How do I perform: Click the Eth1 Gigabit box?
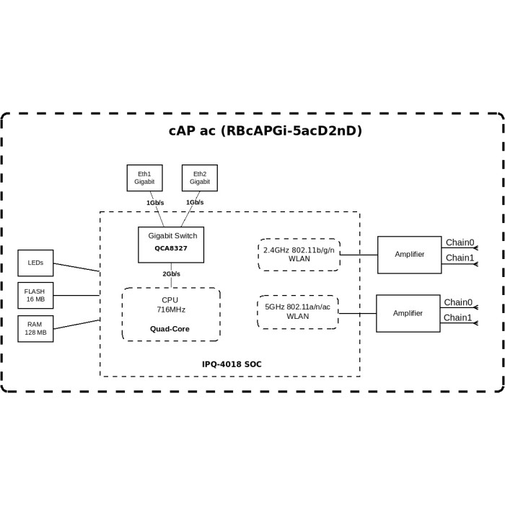pos(144,178)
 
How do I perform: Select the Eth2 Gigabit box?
pos(199,178)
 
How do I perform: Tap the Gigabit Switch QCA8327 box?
pos(171,245)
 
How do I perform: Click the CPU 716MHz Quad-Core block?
pos(171,315)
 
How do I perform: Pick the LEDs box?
pos(35,263)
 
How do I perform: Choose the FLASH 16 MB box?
pos(35,295)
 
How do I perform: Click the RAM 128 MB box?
pos(35,328)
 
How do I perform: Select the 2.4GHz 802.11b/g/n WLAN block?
pos(299,255)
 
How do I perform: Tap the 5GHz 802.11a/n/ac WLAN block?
pos(297,312)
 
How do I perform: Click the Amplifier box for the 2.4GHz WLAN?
pos(409,255)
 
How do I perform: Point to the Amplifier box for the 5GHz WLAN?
pos(408,313)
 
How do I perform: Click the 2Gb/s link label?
pos(171,274)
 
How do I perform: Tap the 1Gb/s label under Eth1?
pos(155,203)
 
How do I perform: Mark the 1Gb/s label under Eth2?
pos(195,203)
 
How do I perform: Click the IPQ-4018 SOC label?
pos(232,364)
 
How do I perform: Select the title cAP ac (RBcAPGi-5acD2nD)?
pos(265,131)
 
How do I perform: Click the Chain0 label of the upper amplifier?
pos(460,242)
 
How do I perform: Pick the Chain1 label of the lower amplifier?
pos(457,317)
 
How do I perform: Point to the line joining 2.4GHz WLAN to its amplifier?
pos(359,255)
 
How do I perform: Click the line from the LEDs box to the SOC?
pos(76,267)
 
